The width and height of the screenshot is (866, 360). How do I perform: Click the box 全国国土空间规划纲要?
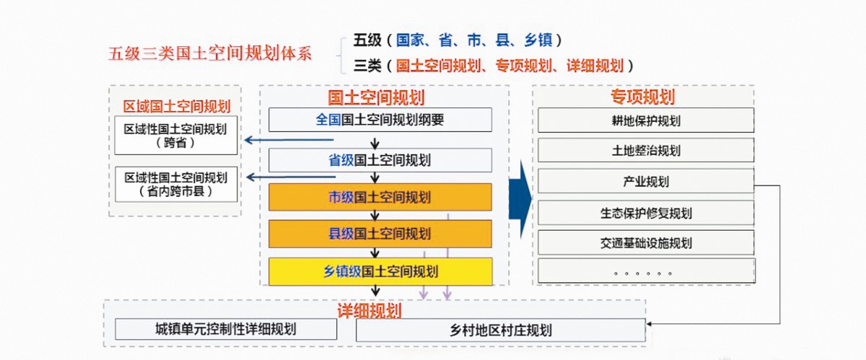point(380,120)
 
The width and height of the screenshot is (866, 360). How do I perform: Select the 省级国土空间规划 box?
point(380,160)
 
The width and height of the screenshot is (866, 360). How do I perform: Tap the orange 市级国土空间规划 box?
point(380,197)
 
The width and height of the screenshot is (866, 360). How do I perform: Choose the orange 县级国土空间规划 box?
point(380,234)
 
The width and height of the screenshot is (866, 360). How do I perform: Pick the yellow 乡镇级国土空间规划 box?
point(380,271)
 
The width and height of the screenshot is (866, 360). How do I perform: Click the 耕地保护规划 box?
point(646,120)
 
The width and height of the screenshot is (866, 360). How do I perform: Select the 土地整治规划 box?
point(646,150)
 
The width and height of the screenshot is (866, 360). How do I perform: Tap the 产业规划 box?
point(646,181)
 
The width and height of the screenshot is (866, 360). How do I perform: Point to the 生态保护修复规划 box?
point(646,213)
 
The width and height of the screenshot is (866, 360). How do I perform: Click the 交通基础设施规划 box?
point(646,242)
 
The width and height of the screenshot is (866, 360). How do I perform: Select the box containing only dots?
point(647,271)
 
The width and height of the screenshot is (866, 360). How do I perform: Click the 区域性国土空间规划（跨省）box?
point(176,136)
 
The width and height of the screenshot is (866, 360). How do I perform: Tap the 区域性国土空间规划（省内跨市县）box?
point(176,184)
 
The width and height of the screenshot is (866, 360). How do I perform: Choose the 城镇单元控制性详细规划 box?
point(226,329)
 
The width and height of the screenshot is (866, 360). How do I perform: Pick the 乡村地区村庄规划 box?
point(501,330)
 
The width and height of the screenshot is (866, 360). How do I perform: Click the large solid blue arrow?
point(520,199)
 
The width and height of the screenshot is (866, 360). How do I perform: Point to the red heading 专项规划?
point(643,97)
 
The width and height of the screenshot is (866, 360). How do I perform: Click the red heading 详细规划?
point(369,310)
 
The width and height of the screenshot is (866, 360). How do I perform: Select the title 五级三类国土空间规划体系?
point(210,53)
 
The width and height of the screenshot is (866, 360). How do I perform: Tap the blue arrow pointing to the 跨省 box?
point(289,139)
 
